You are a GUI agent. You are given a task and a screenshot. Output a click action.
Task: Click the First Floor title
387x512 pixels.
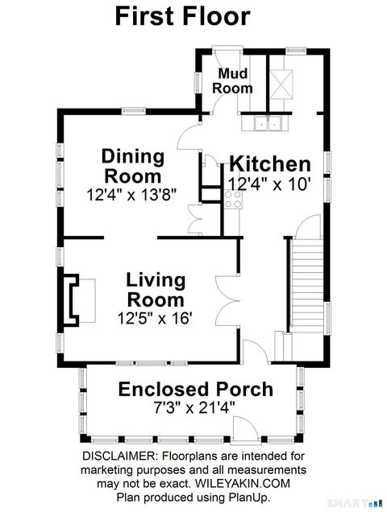coord(183,17)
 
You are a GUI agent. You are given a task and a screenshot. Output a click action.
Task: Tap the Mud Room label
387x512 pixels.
coord(232,81)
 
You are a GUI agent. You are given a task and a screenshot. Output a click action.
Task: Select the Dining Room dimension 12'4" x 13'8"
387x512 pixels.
coord(131,195)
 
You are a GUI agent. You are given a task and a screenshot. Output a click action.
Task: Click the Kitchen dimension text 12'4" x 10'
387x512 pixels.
coord(269,184)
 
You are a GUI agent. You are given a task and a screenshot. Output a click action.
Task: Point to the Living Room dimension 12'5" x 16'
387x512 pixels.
coord(155,318)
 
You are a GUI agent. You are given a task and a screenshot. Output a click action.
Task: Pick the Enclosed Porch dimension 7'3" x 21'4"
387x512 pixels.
coord(194,407)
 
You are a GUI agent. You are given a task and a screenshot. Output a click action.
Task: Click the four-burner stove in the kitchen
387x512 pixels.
coord(233,200)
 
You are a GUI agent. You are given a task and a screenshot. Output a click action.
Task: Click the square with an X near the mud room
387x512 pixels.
coord(281,85)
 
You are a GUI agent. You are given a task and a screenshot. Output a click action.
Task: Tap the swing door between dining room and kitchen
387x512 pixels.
coord(189,138)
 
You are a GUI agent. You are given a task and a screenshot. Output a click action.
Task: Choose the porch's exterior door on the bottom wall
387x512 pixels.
coord(246,428)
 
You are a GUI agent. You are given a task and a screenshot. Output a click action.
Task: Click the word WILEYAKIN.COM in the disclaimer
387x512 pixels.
coord(243,484)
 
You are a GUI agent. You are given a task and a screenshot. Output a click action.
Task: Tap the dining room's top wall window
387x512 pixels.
coord(134,111)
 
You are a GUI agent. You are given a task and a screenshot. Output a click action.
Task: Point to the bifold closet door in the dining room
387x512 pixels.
coord(195,220)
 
